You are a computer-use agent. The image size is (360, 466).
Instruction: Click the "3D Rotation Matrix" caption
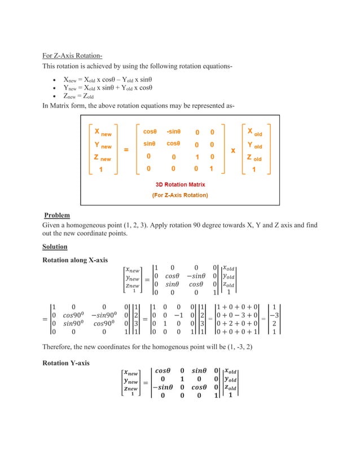(x=180, y=184)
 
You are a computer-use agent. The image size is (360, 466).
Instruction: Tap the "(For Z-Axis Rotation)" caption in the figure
(x=180, y=195)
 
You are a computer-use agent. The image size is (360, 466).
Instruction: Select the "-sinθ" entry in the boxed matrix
(x=174, y=131)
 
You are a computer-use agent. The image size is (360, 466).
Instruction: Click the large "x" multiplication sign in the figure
(x=232, y=151)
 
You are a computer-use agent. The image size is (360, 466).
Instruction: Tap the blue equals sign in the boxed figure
(x=126, y=150)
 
